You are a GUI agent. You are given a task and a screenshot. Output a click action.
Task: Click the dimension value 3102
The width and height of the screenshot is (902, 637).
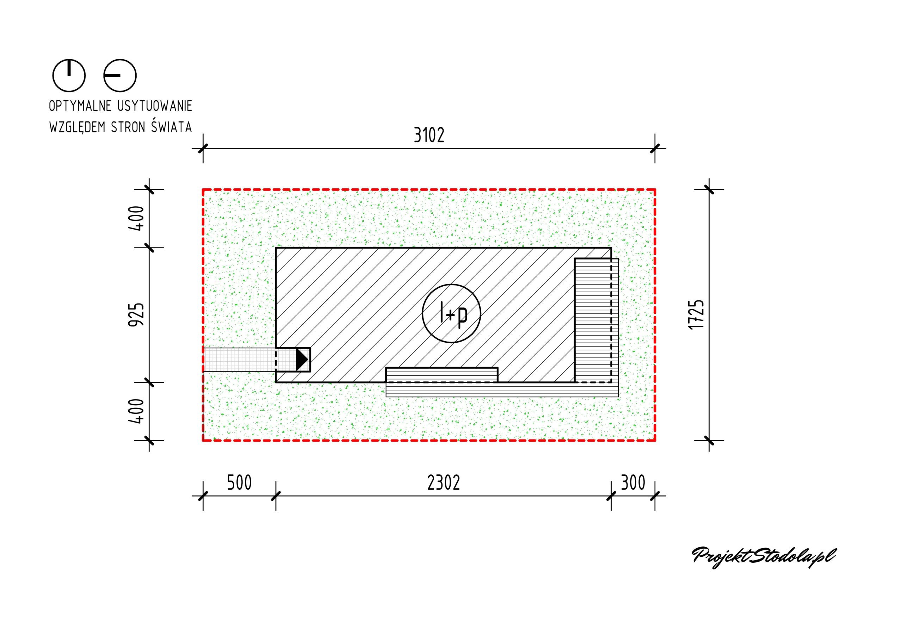(x=429, y=135)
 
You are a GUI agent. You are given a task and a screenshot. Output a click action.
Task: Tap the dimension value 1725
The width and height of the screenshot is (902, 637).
(x=697, y=314)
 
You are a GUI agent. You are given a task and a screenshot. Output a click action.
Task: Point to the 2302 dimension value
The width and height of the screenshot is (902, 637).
(x=444, y=483)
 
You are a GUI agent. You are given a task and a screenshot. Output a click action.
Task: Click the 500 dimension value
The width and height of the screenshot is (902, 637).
(x=239, y=483)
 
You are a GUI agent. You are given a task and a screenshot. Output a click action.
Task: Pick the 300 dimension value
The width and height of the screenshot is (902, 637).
(x=633, y=483)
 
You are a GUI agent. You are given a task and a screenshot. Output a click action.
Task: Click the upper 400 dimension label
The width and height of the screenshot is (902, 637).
(x=137, y=218)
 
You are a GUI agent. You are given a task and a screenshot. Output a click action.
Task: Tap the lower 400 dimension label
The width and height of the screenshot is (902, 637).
(x=137, y=411)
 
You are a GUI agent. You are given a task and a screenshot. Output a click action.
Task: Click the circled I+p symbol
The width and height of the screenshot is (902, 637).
(x=451, y=313)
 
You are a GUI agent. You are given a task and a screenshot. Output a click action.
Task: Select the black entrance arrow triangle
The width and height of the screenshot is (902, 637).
(x=302, y=359)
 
